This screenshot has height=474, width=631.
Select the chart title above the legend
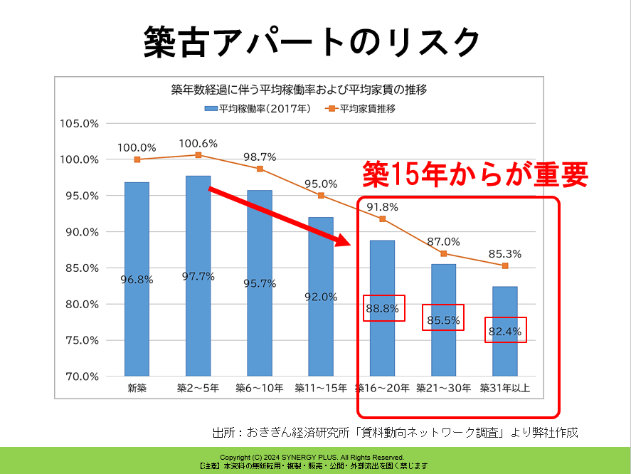click(299, 90)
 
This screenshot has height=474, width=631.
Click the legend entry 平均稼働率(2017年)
click(257, 109)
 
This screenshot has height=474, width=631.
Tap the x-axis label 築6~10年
click(260, 388)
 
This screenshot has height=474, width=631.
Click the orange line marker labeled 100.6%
click(198, 155)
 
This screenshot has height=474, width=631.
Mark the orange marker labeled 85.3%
click(505, 265)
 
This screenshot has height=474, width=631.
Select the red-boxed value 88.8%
click(383, 309)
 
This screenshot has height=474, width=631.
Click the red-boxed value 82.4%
click(506, 330)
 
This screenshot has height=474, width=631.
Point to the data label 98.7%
click(260, 157)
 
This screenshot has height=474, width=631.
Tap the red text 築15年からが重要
click(475, 173)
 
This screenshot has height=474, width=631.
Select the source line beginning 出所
click(396, 432)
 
